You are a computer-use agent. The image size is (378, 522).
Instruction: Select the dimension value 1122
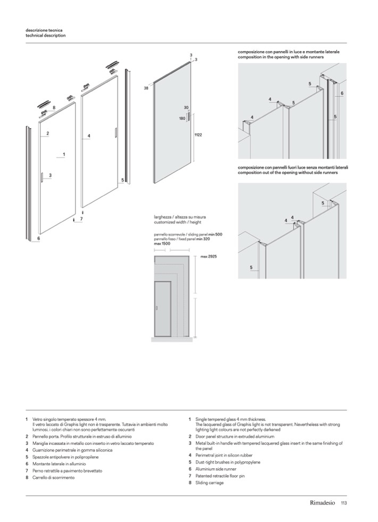(x=198, y=136)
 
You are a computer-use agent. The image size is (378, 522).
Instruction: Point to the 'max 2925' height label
(x=209, y=256)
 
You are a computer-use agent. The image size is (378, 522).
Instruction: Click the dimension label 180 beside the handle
(x=182, y=119)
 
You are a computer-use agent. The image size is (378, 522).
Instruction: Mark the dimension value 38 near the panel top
(x=146, y=88)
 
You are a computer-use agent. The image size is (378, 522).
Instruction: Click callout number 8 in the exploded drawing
(x=54, y=108)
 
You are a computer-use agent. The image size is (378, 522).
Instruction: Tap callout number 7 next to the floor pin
(x=81, y=219)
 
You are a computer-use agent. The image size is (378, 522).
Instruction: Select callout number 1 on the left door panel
(x=63, y=154)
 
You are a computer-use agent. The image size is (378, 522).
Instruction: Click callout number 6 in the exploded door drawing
(x=39, y=239)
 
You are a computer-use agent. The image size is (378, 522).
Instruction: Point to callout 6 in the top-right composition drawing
(x=342, y=93)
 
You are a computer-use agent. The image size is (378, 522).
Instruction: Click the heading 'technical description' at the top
(x=46, y=36)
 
